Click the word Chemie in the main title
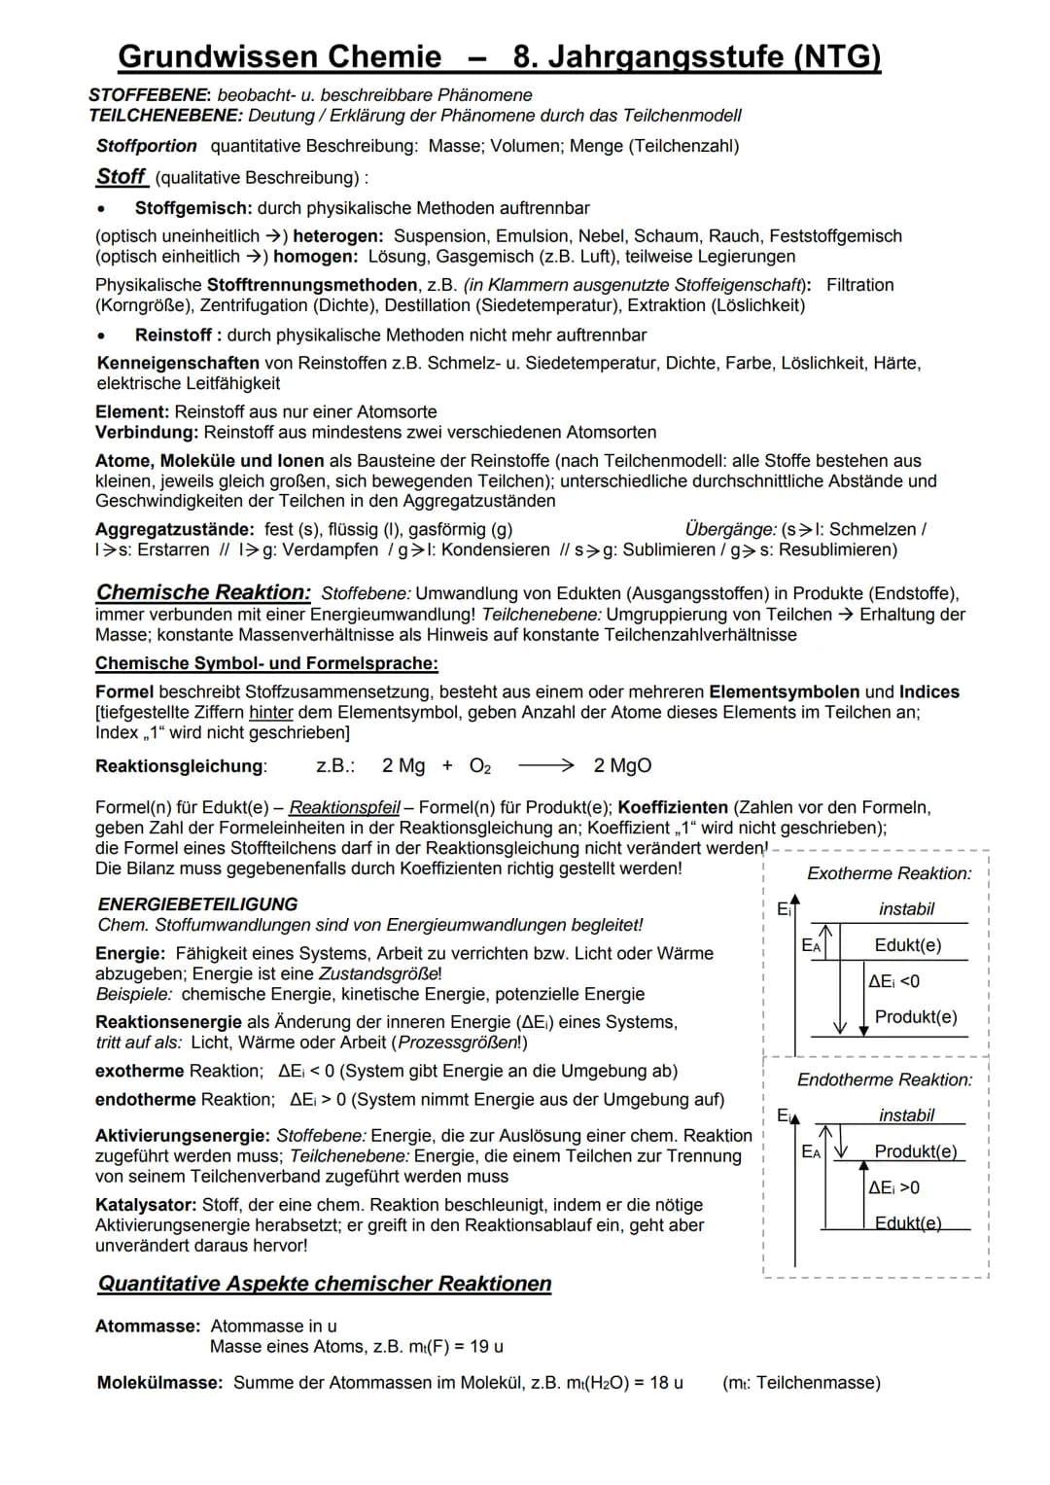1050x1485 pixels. tap(385, 57)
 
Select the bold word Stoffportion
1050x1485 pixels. tap(147, 146)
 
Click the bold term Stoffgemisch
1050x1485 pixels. tap(193, 208)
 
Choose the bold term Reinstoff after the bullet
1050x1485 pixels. tap(173, 335)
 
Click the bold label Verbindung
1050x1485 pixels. tap(147, 432)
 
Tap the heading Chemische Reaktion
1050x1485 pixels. tap(203, 592)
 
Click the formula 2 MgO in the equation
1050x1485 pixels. tap(622, 766)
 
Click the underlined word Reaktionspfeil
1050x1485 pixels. tap(345, 807)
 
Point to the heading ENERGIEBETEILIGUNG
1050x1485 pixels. tap(197, 904)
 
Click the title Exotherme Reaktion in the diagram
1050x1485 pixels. tap(889, 873)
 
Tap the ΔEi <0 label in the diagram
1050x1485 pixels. tap(893, 981)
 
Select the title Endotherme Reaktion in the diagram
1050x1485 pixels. tap(885, 1079)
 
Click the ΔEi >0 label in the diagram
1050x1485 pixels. tap(893, 1187)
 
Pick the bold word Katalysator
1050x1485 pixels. tap(146, 1205)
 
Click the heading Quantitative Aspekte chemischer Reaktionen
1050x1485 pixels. tap(325, 1284)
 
